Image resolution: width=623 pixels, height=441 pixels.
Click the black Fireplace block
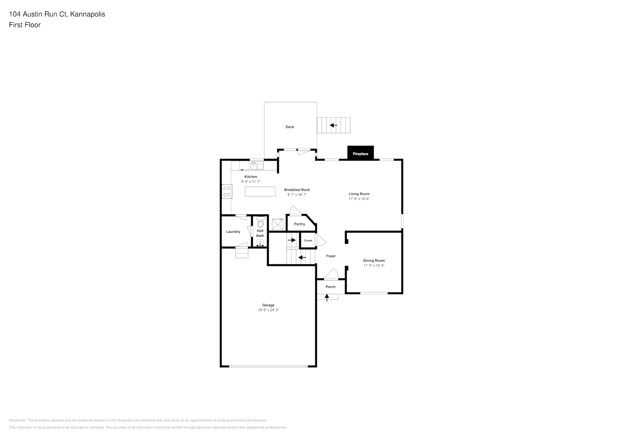click(x=360, y=153)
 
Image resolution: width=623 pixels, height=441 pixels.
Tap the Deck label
click(x=290, y=127)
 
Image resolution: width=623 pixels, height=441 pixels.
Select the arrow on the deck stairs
click(x=334, y=125)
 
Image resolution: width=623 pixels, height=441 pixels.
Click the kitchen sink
click(x=257, y=165)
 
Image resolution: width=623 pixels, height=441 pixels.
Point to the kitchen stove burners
click(x=226, y=191)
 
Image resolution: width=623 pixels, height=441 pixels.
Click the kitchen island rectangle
click(x=260, y=191)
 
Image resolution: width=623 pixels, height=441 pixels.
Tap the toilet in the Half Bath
click(x=260, y=222)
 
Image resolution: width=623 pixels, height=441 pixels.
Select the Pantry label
click(x=300, y=224)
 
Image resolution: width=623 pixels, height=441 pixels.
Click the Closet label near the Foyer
click(x=308, y=240)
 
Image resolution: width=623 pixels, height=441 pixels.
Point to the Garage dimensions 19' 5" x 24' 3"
click(x=268, y=310)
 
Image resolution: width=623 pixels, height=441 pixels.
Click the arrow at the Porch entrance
click(x=327, y=298)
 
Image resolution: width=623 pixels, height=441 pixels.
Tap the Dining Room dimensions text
click(x=374, y=265)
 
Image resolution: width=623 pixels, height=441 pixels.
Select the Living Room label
click(x=359, y=194)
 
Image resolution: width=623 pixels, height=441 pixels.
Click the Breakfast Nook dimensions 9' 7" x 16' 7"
click(x=297, y=194)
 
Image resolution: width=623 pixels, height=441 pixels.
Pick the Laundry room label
click(x=233, y=232)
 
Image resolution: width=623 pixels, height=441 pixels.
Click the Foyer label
click(x=331, y=256)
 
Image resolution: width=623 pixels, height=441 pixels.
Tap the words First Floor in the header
click(x=25, y=25)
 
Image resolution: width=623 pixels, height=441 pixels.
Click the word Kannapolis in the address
click(x=88, y=14)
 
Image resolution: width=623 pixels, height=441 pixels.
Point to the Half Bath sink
click(x=260, y=243)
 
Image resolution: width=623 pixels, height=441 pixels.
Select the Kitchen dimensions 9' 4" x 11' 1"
click(x=251, y=182)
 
